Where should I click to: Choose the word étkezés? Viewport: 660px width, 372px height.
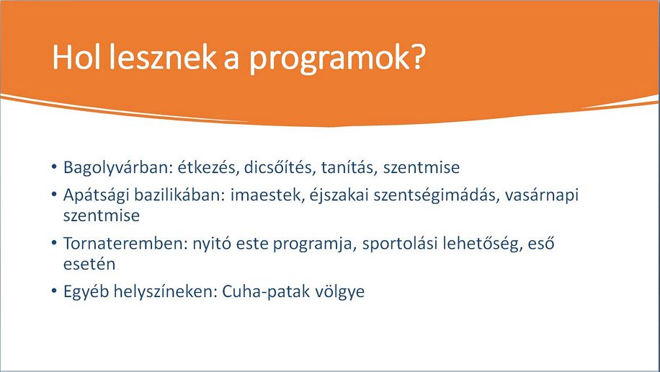(x=208, y=167)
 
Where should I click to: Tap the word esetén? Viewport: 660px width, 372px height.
(x=89, y=264)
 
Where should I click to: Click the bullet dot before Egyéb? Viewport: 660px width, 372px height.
(x=54, y=291)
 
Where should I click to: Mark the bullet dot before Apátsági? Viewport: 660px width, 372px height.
(x=54, y=195)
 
